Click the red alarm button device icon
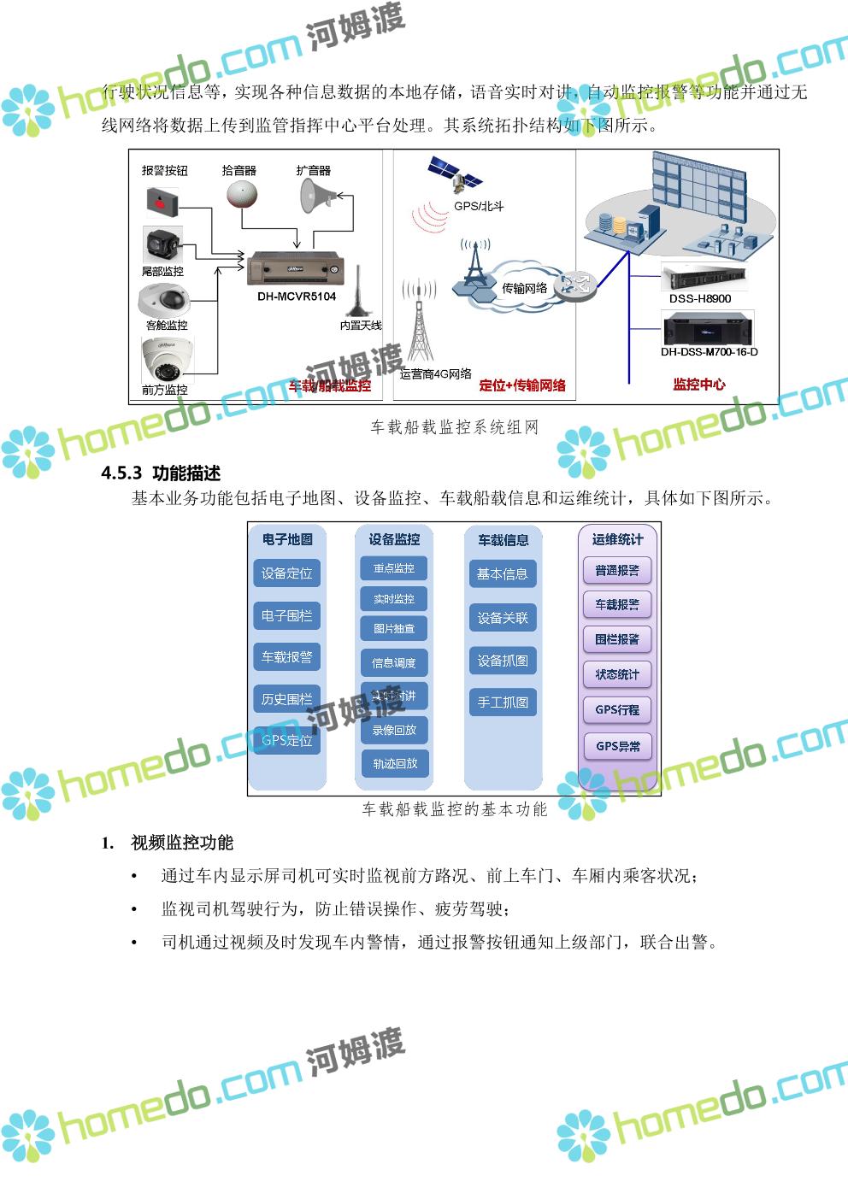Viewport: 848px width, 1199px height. pyautogui.click(x=162, y=202)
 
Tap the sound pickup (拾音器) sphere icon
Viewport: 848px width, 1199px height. pyautogui.click(x=241, y=195)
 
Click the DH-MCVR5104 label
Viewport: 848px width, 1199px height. pyautogui.click(x=297, y=297)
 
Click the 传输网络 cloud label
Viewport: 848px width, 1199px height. pyautogui.click(x=524, y=288)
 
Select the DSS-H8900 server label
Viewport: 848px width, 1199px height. pyautogui.click(x=700, y=299)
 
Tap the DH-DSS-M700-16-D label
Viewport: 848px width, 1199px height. pyautogui.click(x=709, y=352)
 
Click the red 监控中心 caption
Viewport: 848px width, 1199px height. pyautogui.click(x=699, y=385)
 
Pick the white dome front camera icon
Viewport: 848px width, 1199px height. pyautogui.click(x=165, y=360)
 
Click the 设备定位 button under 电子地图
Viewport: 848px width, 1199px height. pyautogui.click(x=287, y=573)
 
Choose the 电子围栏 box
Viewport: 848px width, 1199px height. pyautogui.click(x=287, y=615)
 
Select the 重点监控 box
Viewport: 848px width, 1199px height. pyautogui.click(x=393, y=568)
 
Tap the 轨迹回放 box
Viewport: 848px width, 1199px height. pyautogui.click(x=394, y=763)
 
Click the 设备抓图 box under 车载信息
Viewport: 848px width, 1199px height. pyautogui.click(x=503, y=661)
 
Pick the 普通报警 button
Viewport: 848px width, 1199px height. pyautogui.click(x=617, y=570)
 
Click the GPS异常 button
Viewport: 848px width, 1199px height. pyautogui.click(x=617, y=745)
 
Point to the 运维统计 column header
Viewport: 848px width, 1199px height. pyautogui.click(x=617, y=539)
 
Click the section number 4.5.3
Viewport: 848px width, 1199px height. pyautogui.click(x=121, y=473)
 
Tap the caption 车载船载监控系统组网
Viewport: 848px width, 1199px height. pyautogui.click(x=454, y=427)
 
